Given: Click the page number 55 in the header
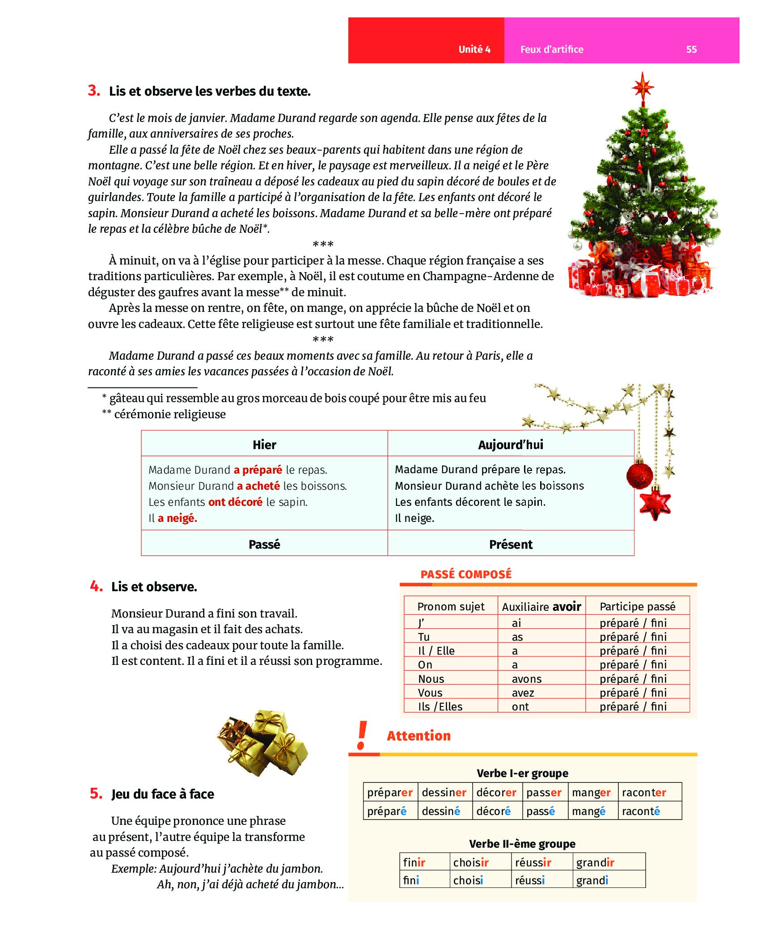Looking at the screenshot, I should coord(691,50).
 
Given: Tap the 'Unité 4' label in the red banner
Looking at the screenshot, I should coord(474,50).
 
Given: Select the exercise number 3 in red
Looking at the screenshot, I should coord(94,91).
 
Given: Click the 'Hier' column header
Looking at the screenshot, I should coord(264,445).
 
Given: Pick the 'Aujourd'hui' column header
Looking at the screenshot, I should coord(511,445).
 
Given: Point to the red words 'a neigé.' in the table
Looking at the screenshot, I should coord(178,518).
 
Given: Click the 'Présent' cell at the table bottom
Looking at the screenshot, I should coord(511,544).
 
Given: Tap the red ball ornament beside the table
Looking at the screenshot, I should coord(639,475).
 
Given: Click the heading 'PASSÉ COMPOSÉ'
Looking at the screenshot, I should coord(466,575).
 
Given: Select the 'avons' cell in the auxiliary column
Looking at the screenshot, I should coord(527,679).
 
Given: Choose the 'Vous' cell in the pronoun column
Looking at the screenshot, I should coord(430,693).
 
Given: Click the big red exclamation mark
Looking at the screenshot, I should coord(362,735).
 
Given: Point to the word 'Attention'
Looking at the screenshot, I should coord(419,736).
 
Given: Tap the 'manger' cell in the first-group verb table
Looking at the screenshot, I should coord(591,793).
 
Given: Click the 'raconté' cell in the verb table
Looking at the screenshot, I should coord(641,811).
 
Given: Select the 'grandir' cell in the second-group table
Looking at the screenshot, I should coord(595,862).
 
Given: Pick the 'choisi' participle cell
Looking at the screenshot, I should coord(468,880).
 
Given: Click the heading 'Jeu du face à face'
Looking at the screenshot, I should coord(163,794).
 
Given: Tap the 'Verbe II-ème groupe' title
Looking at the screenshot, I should coord(522,844).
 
